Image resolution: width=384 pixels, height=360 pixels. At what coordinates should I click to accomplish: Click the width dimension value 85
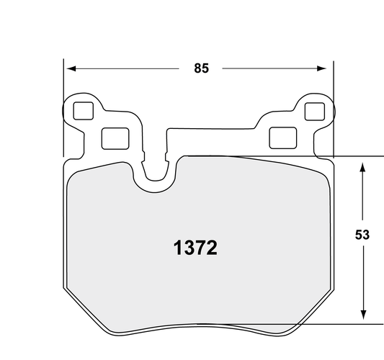click(x=201, y=69)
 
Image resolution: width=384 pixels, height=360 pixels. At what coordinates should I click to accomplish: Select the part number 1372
click(x=195, y=249)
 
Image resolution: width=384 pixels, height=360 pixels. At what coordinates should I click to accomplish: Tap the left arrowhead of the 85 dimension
click(x=70, y=69)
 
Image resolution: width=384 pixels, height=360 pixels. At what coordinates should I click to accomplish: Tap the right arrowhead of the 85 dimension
click(x=323, y=69)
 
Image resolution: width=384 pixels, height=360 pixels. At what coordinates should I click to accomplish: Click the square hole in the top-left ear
click(x=83, y=111)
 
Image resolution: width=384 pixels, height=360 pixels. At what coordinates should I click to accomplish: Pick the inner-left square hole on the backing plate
click(x=112, y=137)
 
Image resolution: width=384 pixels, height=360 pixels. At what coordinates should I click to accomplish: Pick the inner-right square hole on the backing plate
click(x=280, y=137)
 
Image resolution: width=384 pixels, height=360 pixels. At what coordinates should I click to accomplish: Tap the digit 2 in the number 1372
click(x=211, y=249)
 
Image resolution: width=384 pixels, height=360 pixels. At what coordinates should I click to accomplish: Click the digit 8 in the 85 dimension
click(x=197, y=69)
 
